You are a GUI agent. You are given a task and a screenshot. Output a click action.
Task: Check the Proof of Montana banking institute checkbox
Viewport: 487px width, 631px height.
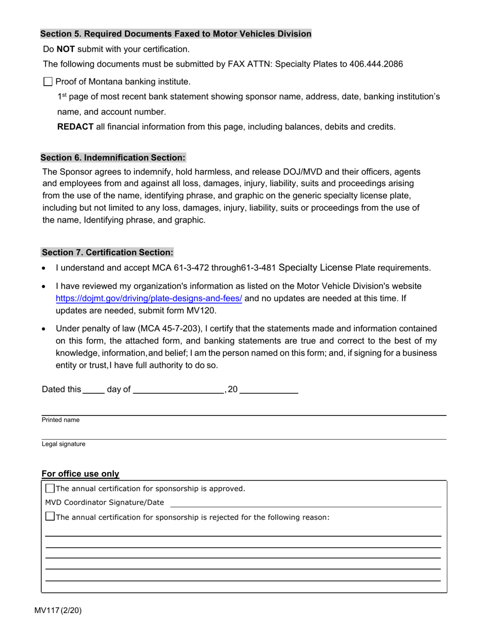coord(48,81)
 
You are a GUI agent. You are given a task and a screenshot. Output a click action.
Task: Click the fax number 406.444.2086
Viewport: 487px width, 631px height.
coord(376,64)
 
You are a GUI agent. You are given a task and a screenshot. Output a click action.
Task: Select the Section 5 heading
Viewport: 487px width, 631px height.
coord(176,34)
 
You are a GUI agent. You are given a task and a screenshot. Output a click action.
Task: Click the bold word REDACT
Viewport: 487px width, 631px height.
coord(75,127)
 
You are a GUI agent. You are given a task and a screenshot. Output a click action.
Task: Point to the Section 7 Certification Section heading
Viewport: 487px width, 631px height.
coord(107,252)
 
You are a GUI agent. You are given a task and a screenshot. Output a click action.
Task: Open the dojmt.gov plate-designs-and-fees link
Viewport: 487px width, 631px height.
coord(149,299)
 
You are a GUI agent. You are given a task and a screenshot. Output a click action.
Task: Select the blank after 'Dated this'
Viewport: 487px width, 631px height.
coord(93,389)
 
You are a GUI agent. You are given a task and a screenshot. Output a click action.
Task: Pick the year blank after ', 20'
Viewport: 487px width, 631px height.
coord(269,389)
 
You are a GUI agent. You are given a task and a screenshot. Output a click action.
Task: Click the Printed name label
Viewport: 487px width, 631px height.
coord(60,420)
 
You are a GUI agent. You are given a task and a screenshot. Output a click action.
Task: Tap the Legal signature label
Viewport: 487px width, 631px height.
coord(64,444)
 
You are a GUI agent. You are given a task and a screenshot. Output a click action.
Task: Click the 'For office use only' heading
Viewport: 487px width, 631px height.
coord(80,474)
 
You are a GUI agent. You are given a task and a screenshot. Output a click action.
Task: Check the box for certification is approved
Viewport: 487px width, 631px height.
coord(50,488)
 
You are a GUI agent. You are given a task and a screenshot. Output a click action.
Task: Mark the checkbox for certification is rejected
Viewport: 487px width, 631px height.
coord(50,517)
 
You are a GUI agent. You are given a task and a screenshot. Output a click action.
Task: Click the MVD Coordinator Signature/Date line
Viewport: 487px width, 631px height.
coord(306,503)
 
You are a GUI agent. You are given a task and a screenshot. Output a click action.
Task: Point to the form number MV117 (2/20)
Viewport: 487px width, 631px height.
coord(58,610)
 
